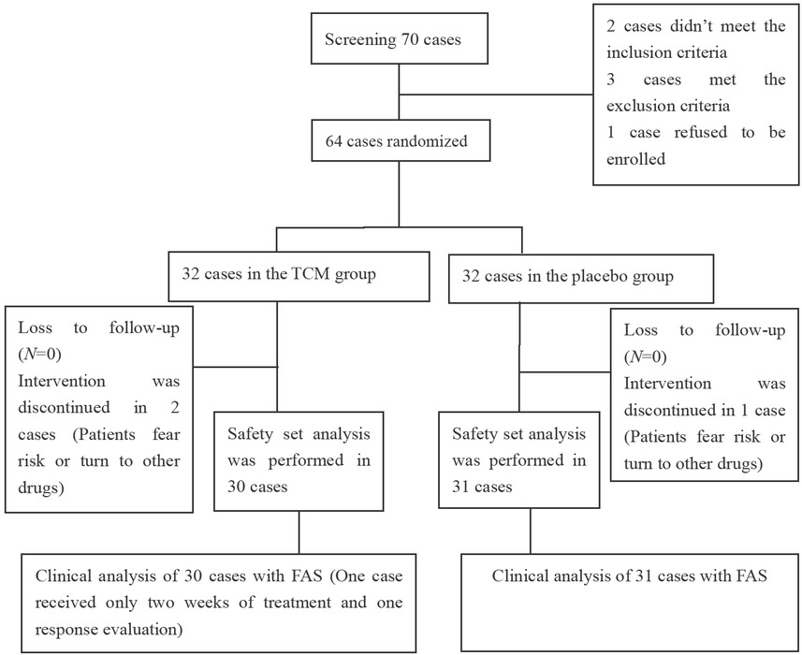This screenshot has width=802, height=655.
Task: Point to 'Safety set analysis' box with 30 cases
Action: click(299, 458)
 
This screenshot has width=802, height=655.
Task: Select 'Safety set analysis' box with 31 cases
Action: click(519, 458)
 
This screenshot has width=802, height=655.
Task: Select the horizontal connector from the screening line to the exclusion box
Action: click(497, 94)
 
